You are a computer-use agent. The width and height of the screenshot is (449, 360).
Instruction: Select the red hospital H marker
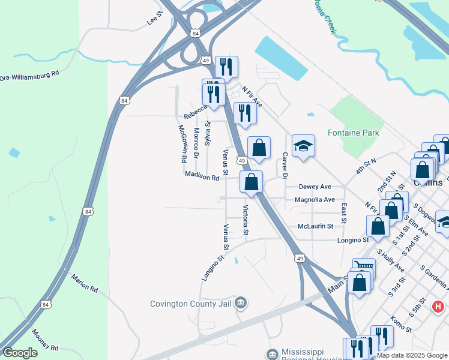tap(438, 307)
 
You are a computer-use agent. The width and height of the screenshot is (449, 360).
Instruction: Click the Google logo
tap(20, 353)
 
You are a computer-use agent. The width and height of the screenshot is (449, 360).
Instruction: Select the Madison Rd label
tap(202, 176)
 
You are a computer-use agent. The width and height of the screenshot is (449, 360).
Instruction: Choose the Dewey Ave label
tap(315, 187)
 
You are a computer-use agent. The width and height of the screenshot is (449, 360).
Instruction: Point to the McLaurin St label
tap(315, 226)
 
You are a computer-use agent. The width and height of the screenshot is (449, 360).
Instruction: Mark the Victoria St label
tap(246, 220)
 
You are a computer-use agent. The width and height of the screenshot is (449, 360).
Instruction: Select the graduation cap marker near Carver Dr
tap(303, 146)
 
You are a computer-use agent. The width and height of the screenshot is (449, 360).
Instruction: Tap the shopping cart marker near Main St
tap(364, 266)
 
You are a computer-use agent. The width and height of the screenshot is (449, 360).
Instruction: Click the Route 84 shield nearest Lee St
tap(195, 34)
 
